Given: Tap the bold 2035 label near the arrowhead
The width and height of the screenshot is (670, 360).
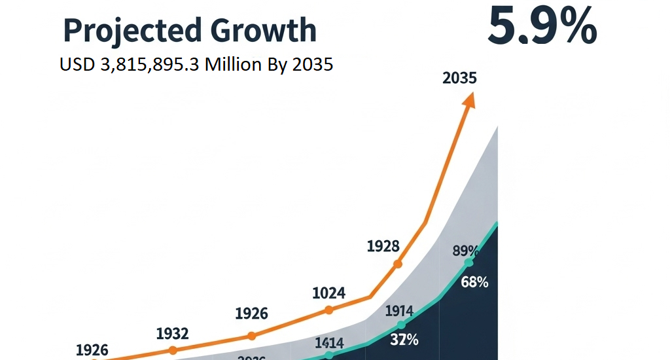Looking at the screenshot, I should pyautogui.click(x=459, y=78).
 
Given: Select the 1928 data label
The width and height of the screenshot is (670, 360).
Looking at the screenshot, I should pyautogui.click(x=383, y=246).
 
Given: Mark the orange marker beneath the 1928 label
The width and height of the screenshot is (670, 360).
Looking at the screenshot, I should pyautogui.click(x=397, y=264).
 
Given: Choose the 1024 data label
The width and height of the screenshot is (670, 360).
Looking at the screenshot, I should pyautogui.click(x=328, y=293).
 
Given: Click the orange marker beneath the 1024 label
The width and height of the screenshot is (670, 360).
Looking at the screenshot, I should pyautogui.click(x=328, y=310).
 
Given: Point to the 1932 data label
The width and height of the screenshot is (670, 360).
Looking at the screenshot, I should pyautogui.click(x=172, y=334).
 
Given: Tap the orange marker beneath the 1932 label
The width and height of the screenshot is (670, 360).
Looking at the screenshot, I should pyautogui.click(x=172, y=350).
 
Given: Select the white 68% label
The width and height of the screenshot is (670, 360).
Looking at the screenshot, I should pyautogui.click(x=474, y=283).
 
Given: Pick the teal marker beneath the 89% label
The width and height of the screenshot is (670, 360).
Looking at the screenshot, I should pyautogui.click(x=468, y=262).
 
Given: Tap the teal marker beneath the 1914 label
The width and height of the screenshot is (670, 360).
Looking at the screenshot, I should pyautogui.click(x=401, y=324).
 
